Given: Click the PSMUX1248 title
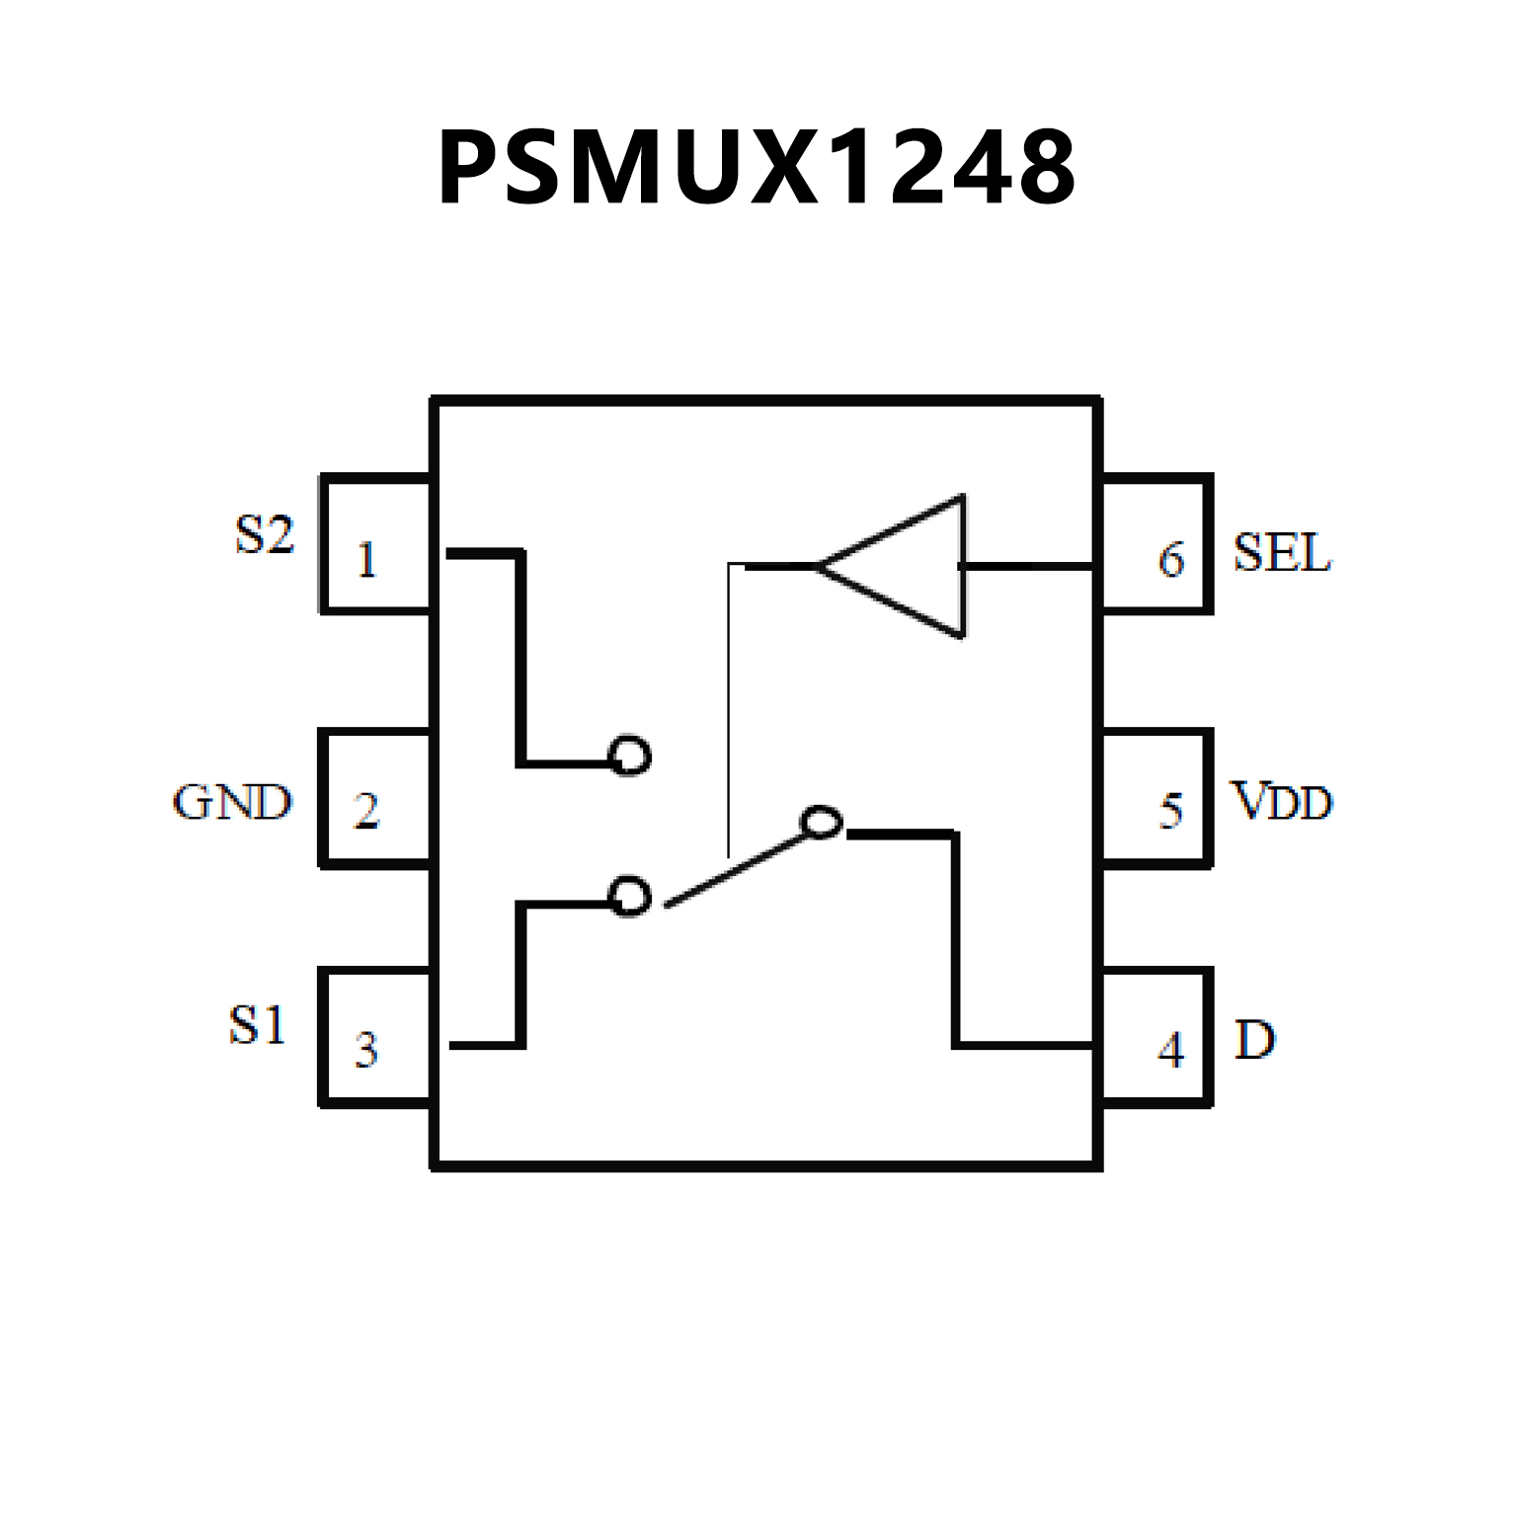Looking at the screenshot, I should point(757,168).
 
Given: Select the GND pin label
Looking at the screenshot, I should point(233,802).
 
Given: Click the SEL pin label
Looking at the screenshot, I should point(1282,553).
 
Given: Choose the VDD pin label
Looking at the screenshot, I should point(1282,802).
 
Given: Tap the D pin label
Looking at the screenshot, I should point(1255,1040).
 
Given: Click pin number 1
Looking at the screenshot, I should point(366,560).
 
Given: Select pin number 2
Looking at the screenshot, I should point(366,811).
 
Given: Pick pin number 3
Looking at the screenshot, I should point(366,1050).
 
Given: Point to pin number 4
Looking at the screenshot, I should point(1171,1050).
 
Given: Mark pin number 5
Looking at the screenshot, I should point(1171,811).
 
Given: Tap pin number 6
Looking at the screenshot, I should point(1171,560).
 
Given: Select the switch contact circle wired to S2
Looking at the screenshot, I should point(630,757).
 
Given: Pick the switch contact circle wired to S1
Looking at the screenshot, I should point(630,897).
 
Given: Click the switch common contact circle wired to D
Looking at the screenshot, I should point(821,823).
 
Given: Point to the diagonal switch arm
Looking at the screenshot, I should point(736,869).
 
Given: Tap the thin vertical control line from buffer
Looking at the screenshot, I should point(729,711).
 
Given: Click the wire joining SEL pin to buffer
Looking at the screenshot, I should point(1027,566).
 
